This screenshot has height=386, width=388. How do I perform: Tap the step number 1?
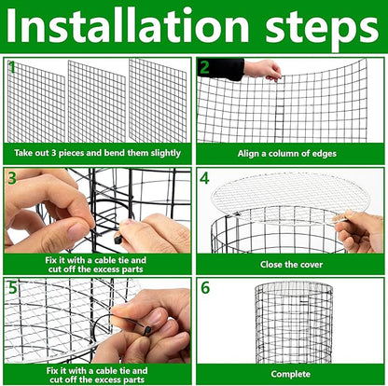(12, 67)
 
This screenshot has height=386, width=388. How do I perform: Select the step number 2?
(204, 67)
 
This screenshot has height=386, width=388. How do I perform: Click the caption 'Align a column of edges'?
(290, 153)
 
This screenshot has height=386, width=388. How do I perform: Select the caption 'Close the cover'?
(290, 264)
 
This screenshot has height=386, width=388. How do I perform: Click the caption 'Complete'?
(290, 373)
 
